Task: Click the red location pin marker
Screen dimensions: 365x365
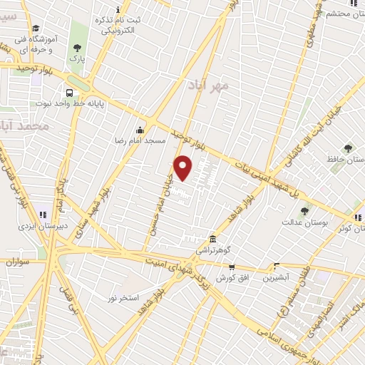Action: (x=184, y=168)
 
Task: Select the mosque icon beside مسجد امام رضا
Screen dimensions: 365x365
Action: (x=140, y=130)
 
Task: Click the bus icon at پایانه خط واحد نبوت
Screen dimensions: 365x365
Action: (x=69, y=93)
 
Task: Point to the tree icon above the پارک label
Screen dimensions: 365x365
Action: (x=77, y=48)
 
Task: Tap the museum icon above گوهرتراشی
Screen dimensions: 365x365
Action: (x=212, y=239)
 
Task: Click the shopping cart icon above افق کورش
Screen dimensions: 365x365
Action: (x=232, y=266)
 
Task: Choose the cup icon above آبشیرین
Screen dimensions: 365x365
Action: (x=276, y=265)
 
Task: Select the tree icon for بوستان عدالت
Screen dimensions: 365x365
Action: (x=305, y=211)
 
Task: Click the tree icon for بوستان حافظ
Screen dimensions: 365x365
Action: (x=348, y=148)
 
